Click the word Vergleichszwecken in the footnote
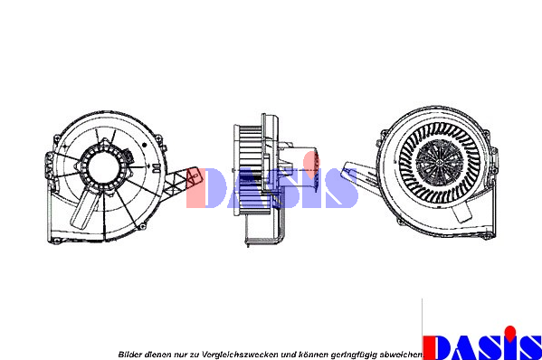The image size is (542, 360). tap(240, 355)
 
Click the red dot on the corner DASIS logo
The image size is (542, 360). tap(509, 332)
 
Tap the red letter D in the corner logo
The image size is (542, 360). tap(436, 348)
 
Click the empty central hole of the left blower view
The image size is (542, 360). tap(104, 168)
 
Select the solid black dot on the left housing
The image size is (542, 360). tap(145, 145)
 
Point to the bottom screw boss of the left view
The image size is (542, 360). tap(142, 227)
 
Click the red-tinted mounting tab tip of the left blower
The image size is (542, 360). tap(194, 178)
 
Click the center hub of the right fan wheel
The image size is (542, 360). tap(439, 162)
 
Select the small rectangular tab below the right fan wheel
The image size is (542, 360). tap(461, 211)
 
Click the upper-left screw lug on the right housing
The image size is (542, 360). tap(383, 134)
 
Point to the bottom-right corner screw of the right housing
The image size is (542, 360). tap(488, 236)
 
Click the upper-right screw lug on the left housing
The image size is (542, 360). tap(158, 139)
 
